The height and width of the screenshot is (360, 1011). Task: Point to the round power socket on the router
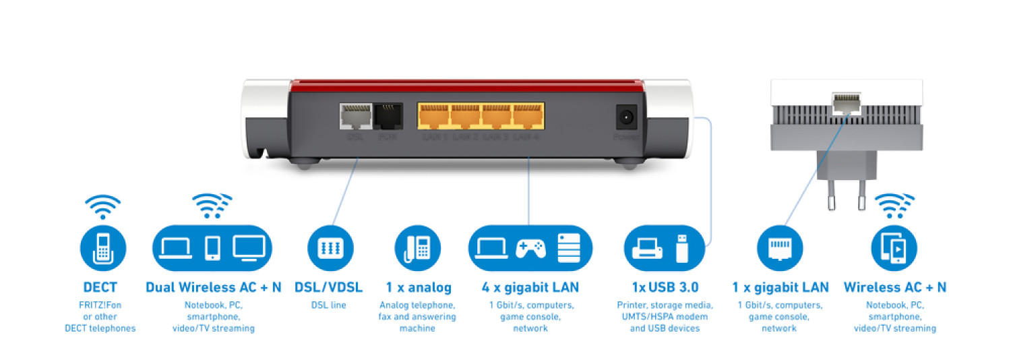(626, 117)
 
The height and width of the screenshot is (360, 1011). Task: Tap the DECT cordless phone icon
(103, 247)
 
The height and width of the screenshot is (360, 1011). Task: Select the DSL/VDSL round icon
(330, 247)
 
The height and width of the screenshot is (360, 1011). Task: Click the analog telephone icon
(417, 247)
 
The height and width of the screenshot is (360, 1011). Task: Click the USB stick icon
(682, 247)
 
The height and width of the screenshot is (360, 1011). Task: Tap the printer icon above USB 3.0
(648, 249)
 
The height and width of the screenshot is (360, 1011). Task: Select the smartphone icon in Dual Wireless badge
(212, 247)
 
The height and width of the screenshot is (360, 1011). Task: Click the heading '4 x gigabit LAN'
(530, 287)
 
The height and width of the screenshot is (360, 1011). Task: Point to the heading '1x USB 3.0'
(665, 287)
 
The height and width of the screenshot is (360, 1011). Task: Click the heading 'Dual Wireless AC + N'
(214, 287)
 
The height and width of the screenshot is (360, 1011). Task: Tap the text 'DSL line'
(330, 305)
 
